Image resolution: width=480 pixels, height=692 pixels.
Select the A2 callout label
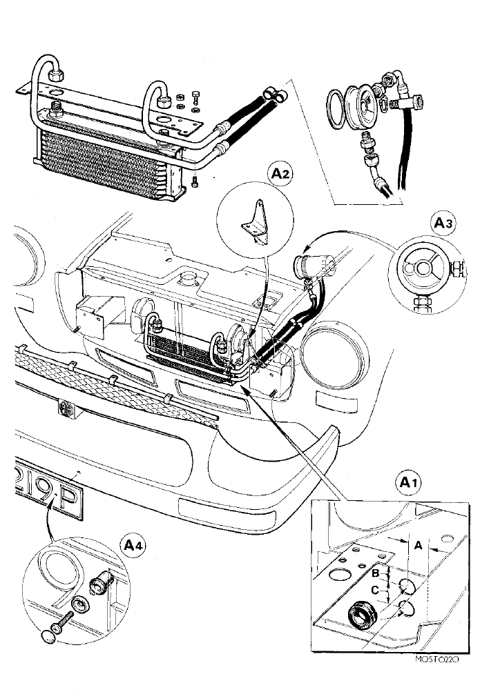[x=280, y=173]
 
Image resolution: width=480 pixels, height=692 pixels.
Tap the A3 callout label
[x=443, y=223]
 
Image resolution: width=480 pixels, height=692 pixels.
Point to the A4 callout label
[x=133, y=546]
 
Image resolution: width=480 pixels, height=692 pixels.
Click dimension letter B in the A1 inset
[x=376, y=574]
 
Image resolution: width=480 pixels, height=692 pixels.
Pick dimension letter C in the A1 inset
[x=375, y=590]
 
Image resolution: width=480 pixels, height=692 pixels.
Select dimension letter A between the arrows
[x=418, y=546]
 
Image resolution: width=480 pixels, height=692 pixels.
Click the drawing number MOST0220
[x=438, y=659]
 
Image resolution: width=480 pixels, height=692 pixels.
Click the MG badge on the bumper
[x=66, y=406]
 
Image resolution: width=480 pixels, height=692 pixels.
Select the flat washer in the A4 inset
[x=80, y=603]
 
